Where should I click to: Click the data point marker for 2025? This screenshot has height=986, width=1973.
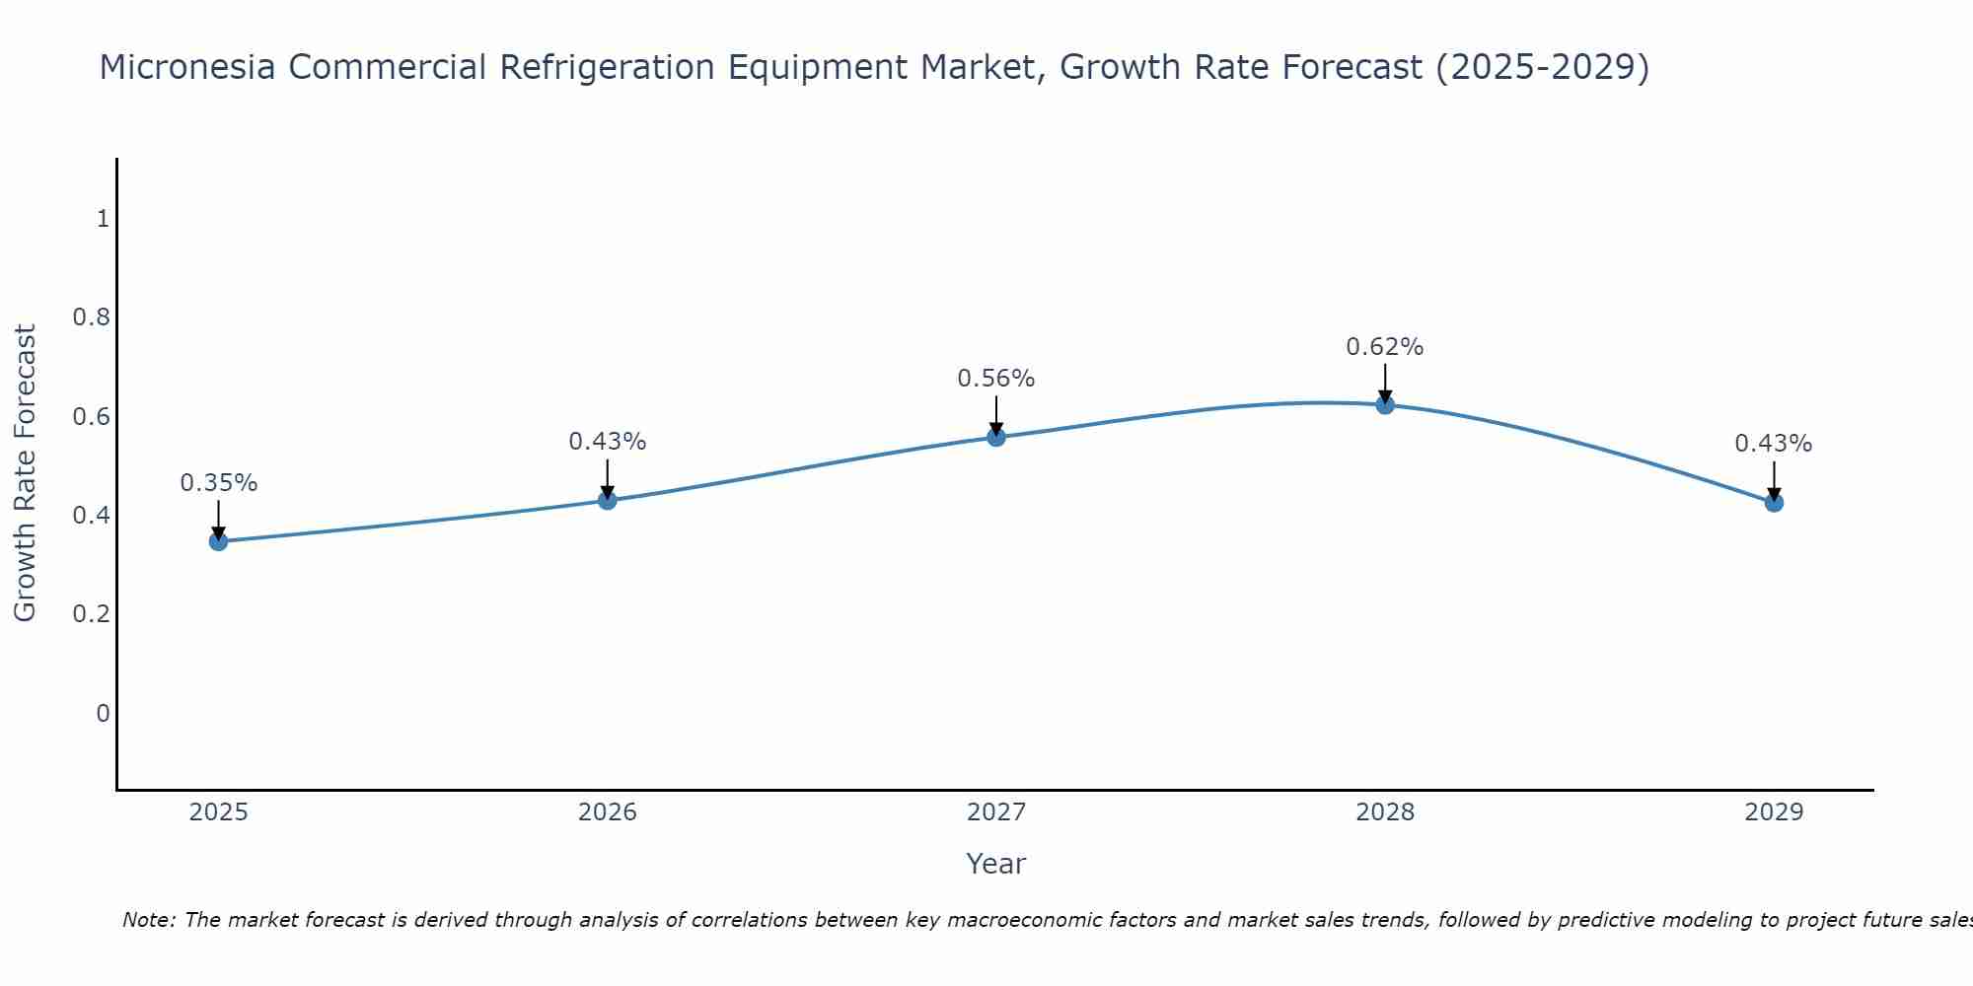(219, 541)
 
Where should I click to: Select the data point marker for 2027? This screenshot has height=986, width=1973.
(996, 437)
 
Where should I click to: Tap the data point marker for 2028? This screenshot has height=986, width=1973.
(1385, 404)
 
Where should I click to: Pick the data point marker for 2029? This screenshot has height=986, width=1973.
(1774, 503)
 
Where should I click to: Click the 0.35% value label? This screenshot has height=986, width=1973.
(219, 483)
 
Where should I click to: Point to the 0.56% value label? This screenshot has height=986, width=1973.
(996, 379)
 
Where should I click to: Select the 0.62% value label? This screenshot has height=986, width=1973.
(1385, 347)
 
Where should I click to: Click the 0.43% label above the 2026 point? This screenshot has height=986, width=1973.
(608, 442)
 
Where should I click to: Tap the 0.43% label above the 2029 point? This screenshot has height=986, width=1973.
(1774, 444)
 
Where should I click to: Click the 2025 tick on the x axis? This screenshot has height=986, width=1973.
(219, 812)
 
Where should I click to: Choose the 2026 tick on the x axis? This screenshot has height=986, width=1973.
(608, 812)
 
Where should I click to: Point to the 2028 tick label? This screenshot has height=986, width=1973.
(1385, 812)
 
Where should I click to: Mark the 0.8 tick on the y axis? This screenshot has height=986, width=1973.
(91, 317)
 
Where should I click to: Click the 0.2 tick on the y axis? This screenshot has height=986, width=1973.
(91, 614)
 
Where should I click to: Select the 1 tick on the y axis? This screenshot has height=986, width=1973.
(103, 219)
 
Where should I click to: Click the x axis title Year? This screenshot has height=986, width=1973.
(996, 864)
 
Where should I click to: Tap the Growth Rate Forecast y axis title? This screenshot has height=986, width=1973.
(25, 473)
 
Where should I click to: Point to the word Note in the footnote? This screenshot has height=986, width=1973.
(148, 920)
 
